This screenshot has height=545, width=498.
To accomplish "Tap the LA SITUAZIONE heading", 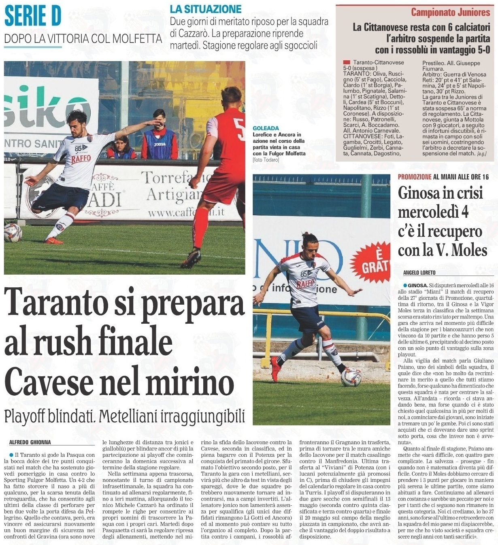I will [x=205, y=8].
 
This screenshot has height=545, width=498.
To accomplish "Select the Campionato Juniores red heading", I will [x=450, y=12].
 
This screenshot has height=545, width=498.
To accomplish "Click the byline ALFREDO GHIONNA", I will [x=30, y=442].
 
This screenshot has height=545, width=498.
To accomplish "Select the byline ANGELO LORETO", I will [x=420, y=273].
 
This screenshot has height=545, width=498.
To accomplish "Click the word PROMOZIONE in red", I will [x=415, y=177].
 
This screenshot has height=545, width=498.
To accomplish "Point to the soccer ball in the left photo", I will [x=12, y=233].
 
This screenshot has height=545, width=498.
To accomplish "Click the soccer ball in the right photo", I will [x=351, y=377].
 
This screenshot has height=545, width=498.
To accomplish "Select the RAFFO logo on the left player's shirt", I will [x=81, y=159].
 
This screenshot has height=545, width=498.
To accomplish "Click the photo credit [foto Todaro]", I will [x=266, y=160].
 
